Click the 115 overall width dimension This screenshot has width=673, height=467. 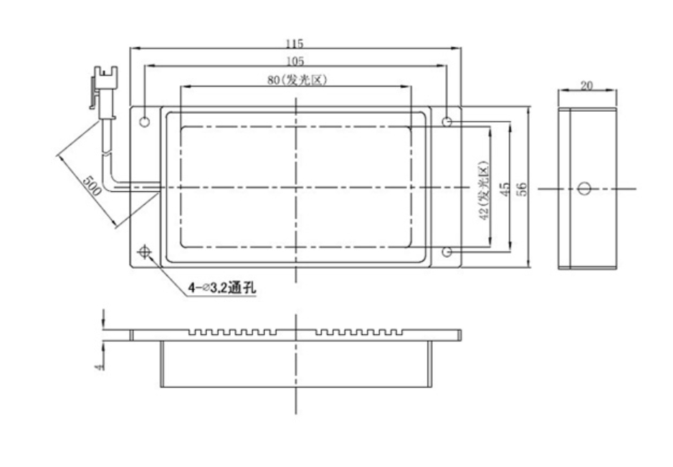[295, 43]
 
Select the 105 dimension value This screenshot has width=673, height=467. [295, 61]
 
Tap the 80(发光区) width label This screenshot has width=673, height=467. [297, 80]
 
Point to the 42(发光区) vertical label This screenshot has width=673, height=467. [484, 190]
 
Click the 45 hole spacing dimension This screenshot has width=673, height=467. [505, 189]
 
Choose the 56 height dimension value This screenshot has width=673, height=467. [522, 189]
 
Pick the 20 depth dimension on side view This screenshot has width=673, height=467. [586, 86]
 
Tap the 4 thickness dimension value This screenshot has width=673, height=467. [100, 367]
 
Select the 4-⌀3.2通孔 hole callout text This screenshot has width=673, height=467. [222, 287]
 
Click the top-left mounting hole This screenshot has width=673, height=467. [145, 121]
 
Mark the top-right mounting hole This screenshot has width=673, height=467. [447, 122]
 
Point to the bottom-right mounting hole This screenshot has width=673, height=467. [447, 251]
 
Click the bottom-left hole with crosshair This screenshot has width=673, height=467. [145, 251]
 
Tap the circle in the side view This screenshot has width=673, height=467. [583, 188]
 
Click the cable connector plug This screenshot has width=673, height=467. [103, 92]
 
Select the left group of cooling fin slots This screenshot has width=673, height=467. [233, 332]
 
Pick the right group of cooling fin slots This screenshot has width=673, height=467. [360, 332]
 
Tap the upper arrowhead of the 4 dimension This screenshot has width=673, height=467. [103, 324]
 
